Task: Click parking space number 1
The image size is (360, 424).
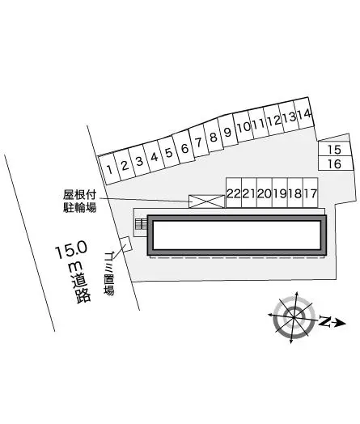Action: (108, 169)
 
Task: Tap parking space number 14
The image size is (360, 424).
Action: (304, 115)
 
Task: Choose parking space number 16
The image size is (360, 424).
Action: (335, 164)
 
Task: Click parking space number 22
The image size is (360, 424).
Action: (233, 193)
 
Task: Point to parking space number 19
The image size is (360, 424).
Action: (279, 193)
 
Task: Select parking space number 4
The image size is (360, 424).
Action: (154, 156)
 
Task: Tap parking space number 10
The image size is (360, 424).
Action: (243, 128)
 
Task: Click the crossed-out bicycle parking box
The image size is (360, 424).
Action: (205, 201)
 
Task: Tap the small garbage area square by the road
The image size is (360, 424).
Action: (125, 244)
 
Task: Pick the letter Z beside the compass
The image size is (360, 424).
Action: (324, 322)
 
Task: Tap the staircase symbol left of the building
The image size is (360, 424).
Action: (141, 224)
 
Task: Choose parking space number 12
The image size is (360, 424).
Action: (273, 121)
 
